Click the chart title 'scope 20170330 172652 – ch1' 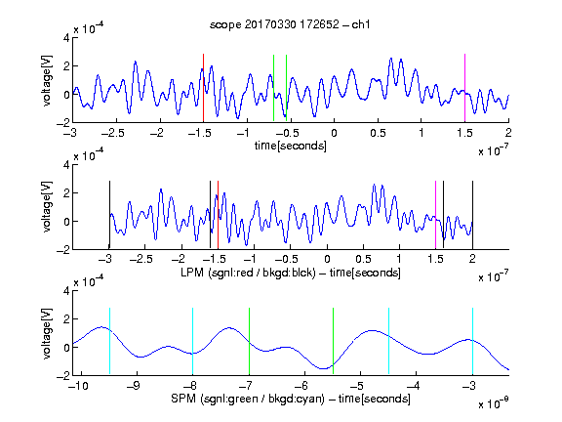tap(290, 24)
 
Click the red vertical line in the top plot tap(203, 88)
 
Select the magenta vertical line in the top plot tap(464, 88)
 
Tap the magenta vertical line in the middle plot tap(435, 215)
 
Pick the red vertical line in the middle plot tap(218, 215)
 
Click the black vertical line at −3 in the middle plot tap(109, 215)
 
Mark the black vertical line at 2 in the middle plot tap(472, 215)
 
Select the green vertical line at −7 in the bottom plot tap(249, 341)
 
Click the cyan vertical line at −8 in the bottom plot tap(193, 341)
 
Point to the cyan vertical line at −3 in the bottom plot tap(472, 341)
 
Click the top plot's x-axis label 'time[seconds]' tap(291, 146)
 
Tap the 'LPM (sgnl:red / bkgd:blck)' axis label tap(248, 273)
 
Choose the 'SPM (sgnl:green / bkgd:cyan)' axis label tap(248, 399)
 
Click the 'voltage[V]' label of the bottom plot tap(47, 333)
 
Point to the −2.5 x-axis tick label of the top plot tap(112, 133)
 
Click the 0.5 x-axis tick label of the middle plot tap(363, 259)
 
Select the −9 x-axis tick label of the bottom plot tap(135, 386)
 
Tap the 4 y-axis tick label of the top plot tap(66, 38)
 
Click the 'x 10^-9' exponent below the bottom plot tap(493, 403)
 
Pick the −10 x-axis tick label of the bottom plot tap(79, 386)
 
